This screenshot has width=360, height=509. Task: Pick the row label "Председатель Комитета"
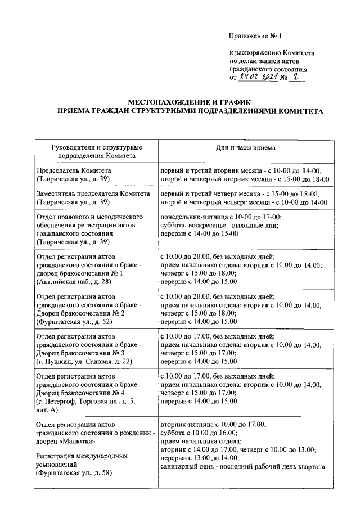[x=74, y=170]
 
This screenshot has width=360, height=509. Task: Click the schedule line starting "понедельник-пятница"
[x=220, y=217]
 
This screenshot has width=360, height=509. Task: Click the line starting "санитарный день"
[x=243, y=467]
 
